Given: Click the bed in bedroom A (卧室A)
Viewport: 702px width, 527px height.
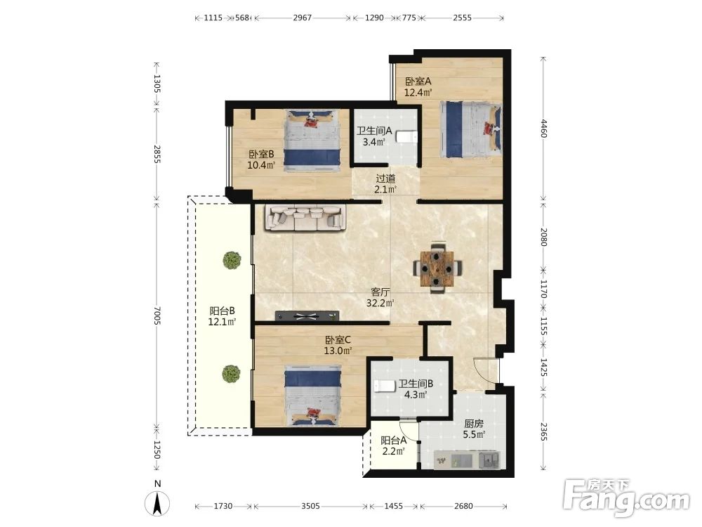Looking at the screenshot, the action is pyautogui.click(x=470, y=130).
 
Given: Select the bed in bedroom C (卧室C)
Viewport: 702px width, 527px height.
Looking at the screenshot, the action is pyautogui.click(x=312, y=395).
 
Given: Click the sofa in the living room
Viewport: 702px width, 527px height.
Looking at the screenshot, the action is pyautogui.click(x=305, y=218).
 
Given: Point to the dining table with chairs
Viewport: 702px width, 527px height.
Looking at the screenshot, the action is pyautogui.click(x=438, y=268).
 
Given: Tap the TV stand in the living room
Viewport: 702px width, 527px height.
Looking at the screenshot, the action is pyautogui.click(x=307, y=316).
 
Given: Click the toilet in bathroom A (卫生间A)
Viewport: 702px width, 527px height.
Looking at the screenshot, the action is pyautogui.click(x=407, y=136).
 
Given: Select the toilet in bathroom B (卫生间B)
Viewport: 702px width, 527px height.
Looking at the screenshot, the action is pyautogui.click(x=384, y=385).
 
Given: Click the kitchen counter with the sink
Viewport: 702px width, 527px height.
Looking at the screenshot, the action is pyautogui.click(x=467, y=460).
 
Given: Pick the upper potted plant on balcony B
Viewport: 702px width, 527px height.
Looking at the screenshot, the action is pyautogui.click(x=232, y=260).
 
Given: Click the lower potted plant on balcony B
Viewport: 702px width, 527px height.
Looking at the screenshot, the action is pyautogui.click(x=231, y=374).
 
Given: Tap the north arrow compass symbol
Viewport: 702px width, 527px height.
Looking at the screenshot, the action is pyautogui.click(x=157, y=502).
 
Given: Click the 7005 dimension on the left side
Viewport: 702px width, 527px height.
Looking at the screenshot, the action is pyautogui.click(x=157, y=315).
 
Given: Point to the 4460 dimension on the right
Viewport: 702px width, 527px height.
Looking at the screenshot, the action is pyautogui.click(x=543, y=128).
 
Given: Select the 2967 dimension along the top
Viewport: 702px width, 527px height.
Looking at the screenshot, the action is pyautogui.click(x=302, y=18).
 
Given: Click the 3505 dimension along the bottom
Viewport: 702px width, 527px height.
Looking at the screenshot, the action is pyautogui.click(x=310, y=506).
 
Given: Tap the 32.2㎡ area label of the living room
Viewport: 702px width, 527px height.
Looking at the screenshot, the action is pyautogui.click(x=380, y=304).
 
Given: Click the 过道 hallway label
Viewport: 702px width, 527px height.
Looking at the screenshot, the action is pyautogui.click(x=385, y=178).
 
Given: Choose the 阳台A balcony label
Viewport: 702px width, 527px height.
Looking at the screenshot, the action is pyautogui.click(x=394, y=441).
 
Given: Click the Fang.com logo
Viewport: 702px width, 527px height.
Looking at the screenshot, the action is pyautogui.click(x=626, y=497).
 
